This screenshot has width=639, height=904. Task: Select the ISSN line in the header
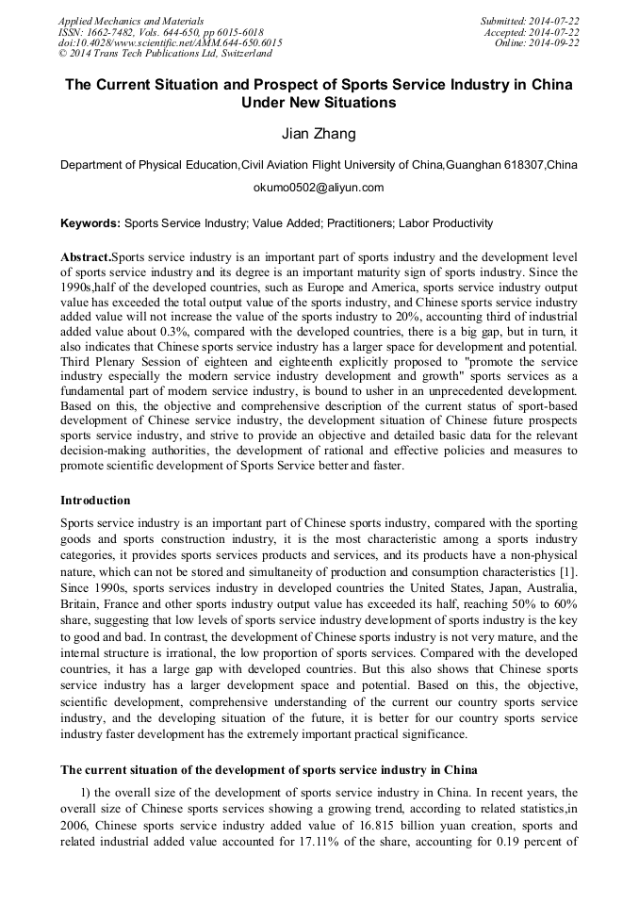pyautogui.click(x=160, y=32)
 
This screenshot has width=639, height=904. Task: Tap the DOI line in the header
pyautogui.click(x=170, y=43)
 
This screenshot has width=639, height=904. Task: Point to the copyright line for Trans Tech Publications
pyautogui.click(x=165, y=55)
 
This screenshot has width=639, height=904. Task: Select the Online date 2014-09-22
pyautogui.click(x=537, y=43)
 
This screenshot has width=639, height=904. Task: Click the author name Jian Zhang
pyautogui.click(x=319, y=134)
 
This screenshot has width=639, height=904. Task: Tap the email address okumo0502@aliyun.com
pyautogui.click(x=319, y=188)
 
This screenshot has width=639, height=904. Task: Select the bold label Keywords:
pyautogui.click(x=90, y=223)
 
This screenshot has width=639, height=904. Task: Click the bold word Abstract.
pyautogui.click(x=85, y=256)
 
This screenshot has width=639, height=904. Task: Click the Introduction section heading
pyautogui.click(x=95, y=501)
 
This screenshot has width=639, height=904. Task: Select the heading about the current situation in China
pyautogui.click(x=269, y=770)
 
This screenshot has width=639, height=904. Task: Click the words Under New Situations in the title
pyautogui.click(x=319, y=103)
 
